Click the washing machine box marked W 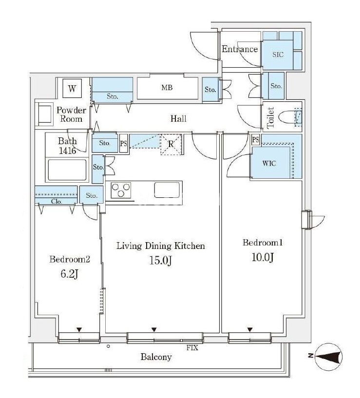tap(72, 89)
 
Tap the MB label tap(167, 88)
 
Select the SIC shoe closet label tap(278, 55)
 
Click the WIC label tap(269, 163)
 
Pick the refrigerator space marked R tap(171, 144)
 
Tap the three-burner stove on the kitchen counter tap(121, 190)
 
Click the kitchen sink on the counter tap(167, 190)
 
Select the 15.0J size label tap(160, 261)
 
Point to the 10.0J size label tap(263, 257)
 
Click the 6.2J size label tap(69, 274)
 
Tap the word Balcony tap(156, 357)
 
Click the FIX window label tap(192, 347)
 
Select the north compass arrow tap(328, 357)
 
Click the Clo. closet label tap(57, 201)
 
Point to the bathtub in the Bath tap(67, 170)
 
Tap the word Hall tap(178, 118)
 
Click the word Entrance tap(240, 49)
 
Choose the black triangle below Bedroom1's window tap(250, 329)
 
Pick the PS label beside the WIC tap(256, 140)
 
